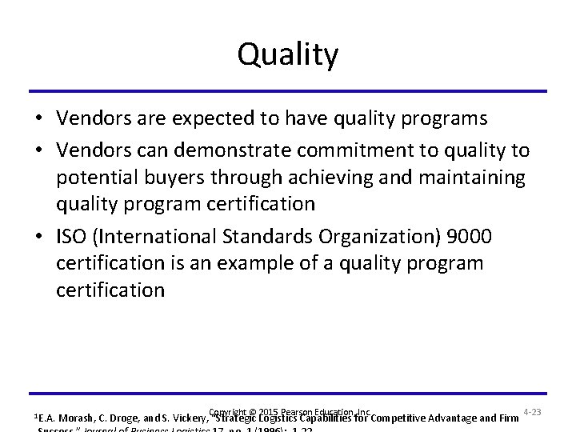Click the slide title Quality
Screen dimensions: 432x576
[x=288, y=55]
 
